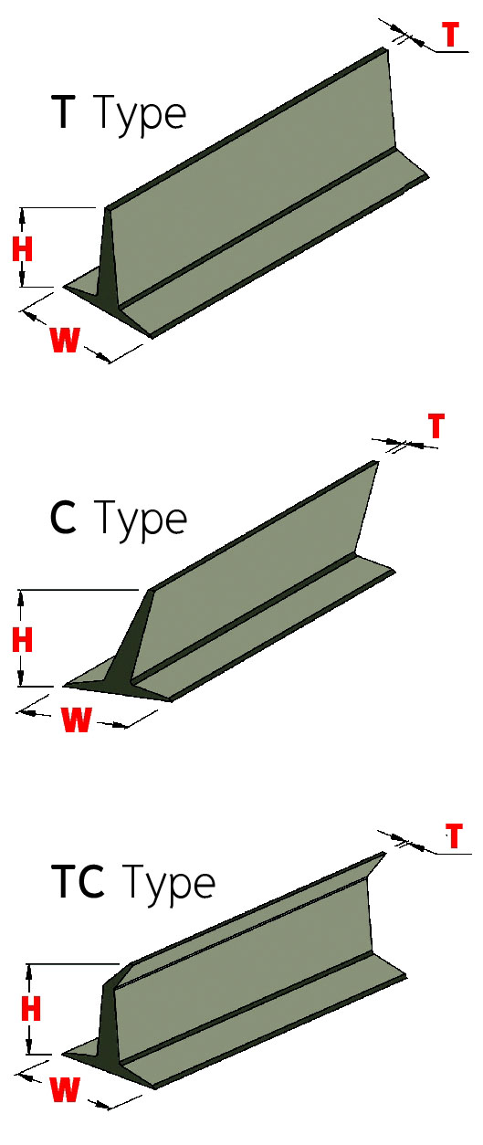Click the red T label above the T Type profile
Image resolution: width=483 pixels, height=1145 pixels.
(x=451, y=35)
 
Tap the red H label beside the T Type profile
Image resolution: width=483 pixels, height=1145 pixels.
(x=23, y=249)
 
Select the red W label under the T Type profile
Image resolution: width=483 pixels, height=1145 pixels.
(x=65, y=340)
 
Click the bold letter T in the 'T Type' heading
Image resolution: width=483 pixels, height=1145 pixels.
(x=65, y=111)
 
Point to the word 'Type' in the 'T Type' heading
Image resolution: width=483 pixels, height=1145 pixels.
(x=141, y=116)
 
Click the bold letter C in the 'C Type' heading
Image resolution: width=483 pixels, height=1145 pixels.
(x=63, y=518)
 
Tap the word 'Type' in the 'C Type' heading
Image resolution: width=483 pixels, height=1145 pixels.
(x=142, y=520)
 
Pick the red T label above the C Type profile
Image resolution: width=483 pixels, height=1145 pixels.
(x=436, y=425)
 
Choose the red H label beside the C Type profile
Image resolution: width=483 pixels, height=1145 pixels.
(x=23, y=639)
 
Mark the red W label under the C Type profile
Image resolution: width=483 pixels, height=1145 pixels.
(x=76, y=720)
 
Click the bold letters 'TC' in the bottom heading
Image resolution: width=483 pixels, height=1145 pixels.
(x=79, y=881)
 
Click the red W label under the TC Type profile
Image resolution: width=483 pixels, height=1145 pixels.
(x=65, y=1088)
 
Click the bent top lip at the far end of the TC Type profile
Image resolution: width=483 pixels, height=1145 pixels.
(x=373, y=866)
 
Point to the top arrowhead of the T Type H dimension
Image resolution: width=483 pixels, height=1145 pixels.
(x=22, y=215)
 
